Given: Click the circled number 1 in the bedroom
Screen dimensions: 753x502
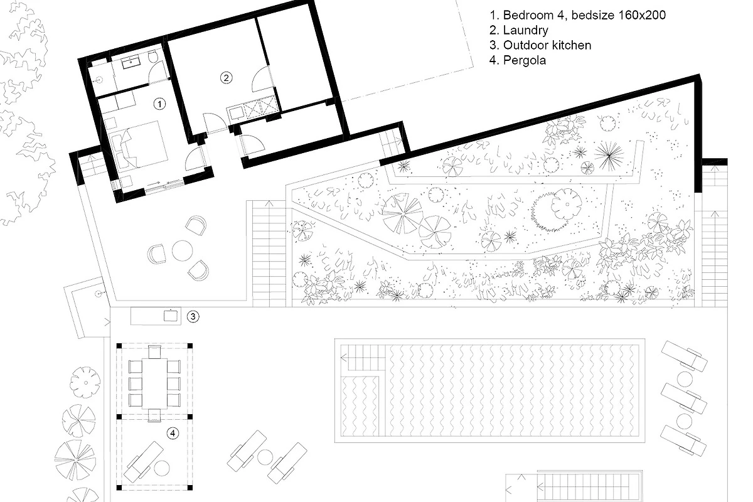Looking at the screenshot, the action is [x=159, y=104].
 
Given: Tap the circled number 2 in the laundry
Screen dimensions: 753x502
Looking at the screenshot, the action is [x=226, y=78].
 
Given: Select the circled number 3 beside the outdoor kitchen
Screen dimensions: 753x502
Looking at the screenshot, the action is [x=193, y=316].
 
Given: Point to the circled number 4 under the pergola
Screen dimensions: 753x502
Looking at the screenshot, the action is [x=173, y=433].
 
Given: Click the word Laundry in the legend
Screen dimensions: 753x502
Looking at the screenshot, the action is [x=525, y=30].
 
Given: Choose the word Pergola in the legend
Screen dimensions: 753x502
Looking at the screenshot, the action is [x=525, y=60].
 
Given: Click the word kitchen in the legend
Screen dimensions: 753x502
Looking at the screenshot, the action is [x=570, y=45].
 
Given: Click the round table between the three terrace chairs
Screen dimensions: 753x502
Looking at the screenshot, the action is [x=182, y=250].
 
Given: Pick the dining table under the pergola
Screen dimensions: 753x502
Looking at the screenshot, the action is [x=154, y=383].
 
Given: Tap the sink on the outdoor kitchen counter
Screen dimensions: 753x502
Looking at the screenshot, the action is [x=171, y=316].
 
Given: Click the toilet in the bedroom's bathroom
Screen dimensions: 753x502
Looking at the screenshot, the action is [x=153, y=57].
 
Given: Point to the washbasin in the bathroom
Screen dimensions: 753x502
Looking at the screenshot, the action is [x=131, y=63].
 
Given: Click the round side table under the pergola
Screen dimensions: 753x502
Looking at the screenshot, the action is [x=161, y=468].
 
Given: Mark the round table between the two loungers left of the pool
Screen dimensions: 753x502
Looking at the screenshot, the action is [x=265, y=457].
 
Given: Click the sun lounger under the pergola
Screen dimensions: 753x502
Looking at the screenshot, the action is [x=144, y=462].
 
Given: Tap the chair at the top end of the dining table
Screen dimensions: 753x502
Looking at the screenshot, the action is [x=154, y=351].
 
